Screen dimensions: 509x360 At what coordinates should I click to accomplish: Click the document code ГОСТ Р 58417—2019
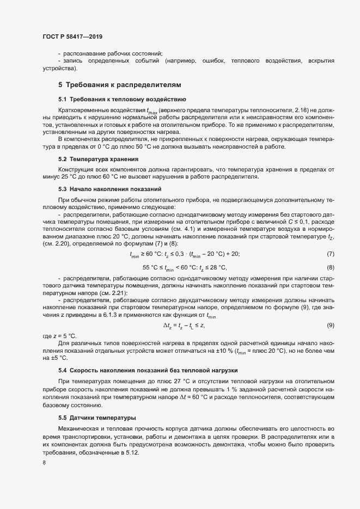click(x=72, y=36)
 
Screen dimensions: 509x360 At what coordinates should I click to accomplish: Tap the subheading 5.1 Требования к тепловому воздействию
click(x=122, y=100)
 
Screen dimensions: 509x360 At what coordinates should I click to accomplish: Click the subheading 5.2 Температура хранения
click(x=98, y=159)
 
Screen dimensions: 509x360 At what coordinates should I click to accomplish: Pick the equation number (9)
click(x=330, y=325)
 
